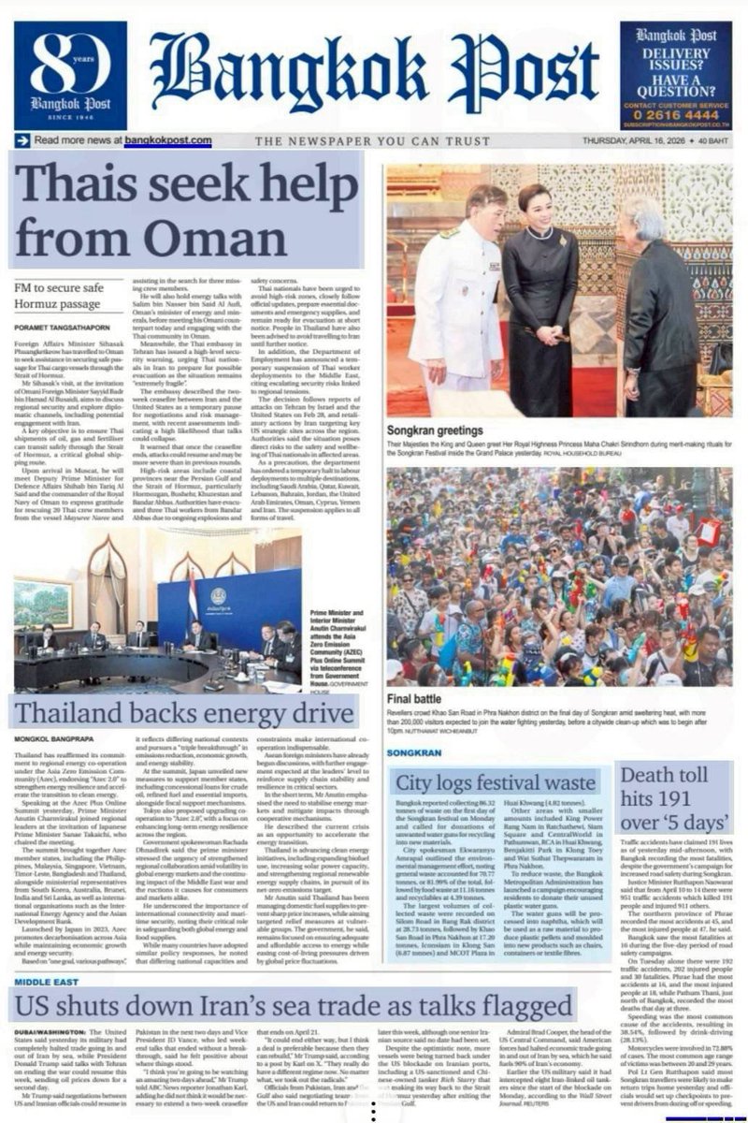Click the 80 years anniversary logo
pyautogui.click(x=70, y=75)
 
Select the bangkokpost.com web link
pyautogui.click(x=168, y=140)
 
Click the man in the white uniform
pyautogui.click(x=455, y=290)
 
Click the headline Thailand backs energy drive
pyautogui.click(x=183, y=712)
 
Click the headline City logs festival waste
pyautogui.click(x=497, y=782)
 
